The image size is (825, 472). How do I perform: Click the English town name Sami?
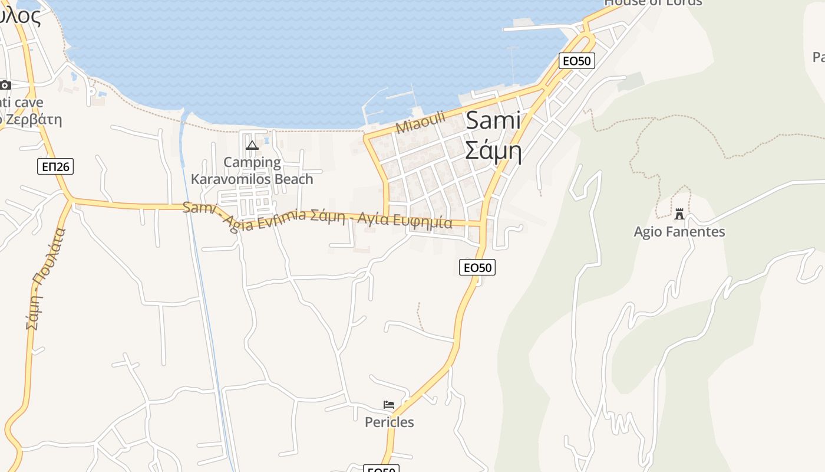[x=493, y=121]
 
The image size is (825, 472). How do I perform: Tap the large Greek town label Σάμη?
[x=493, y=150]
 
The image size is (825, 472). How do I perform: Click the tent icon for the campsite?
[x=252, y=145]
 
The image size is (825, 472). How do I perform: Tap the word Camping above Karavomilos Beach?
[x=252, y=162]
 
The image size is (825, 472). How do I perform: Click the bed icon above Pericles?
[x=389, y=405]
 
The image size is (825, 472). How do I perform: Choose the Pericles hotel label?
[x=389, y=422]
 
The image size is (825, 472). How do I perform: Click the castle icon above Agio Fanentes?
[x=679, y=214]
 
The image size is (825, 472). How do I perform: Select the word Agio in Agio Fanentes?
[x=649, y=232]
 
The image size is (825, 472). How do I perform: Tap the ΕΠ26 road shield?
[x=56, y=166]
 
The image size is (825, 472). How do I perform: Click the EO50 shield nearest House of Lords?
[x=577, y=60]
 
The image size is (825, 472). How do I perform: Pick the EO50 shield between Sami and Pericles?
[x=477, y=267]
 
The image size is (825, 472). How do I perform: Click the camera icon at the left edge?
[x=5, y=85]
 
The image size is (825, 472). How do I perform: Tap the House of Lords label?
[x=653, y=2]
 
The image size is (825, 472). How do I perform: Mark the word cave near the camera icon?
[x=29, y=103]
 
